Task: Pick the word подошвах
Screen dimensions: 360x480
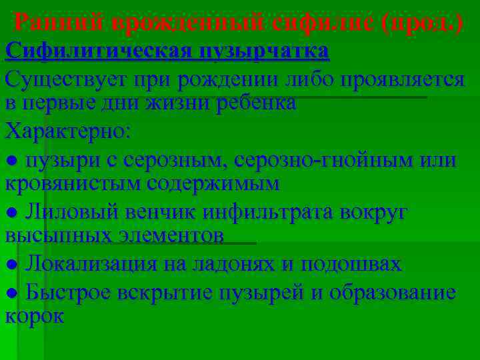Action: pos(351,264)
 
